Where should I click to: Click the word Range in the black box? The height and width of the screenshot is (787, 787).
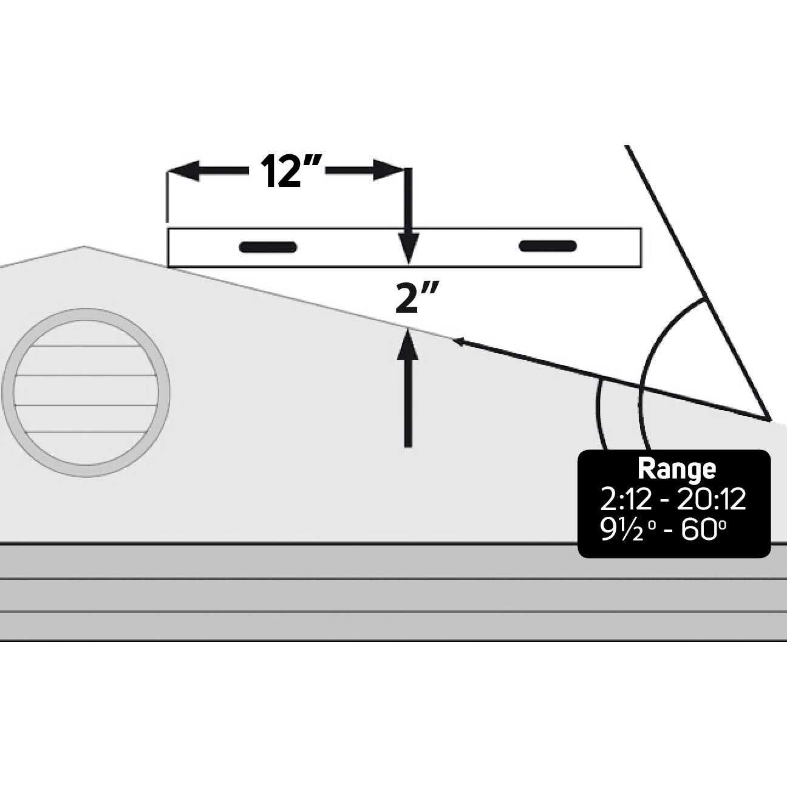pyautogui.click(x=676, y=469)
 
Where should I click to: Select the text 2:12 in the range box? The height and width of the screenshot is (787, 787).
pyautogui.click(x=625, y=500)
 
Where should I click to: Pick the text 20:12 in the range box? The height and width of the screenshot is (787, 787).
pyautogui.click(x=711, y=500)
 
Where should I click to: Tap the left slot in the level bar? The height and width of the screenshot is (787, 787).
pyautogui.click(x=268, y=247)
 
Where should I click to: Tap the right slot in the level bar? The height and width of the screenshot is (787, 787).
pyautogui.click(x=547, y=245)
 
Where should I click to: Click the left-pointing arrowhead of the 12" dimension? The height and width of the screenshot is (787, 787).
pyautogui.click(x=182, y=171)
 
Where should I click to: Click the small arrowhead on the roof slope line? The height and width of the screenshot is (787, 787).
pyautogui.click(x=458, y=342)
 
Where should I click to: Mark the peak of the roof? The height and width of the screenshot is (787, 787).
pyautogui.click(x=84, y=247)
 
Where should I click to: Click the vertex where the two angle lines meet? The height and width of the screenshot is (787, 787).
pyautogui.click(x=769, y=419)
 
